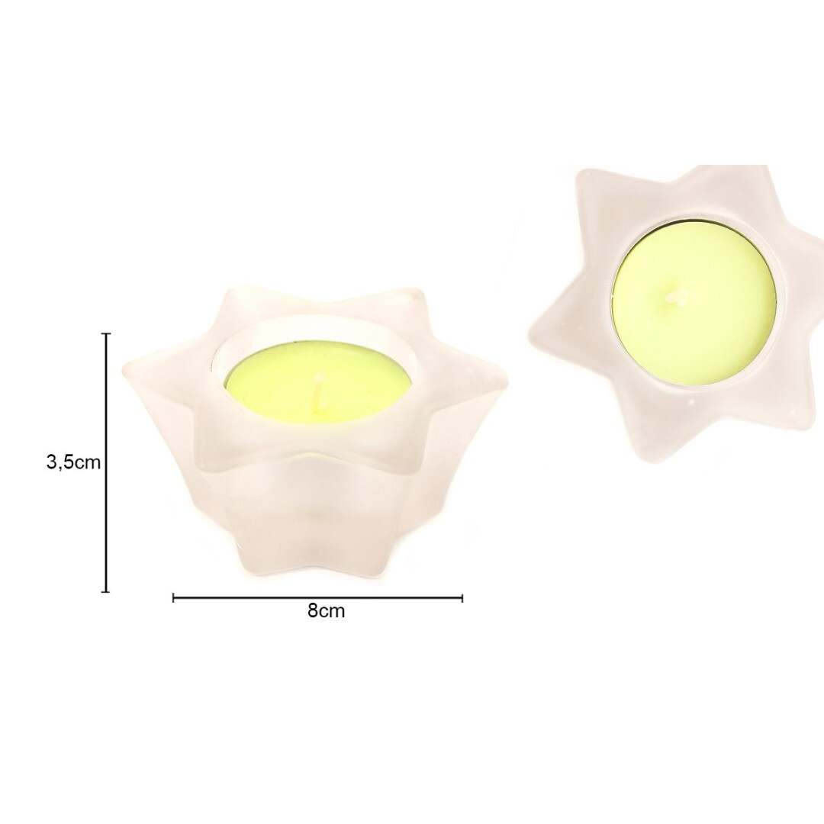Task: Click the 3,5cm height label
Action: click(73, 462)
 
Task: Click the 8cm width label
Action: click(327, 610)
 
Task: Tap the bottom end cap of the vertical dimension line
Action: click(106, 592)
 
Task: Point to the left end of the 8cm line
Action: click(173, 597)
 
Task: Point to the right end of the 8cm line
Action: click(462, 597)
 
